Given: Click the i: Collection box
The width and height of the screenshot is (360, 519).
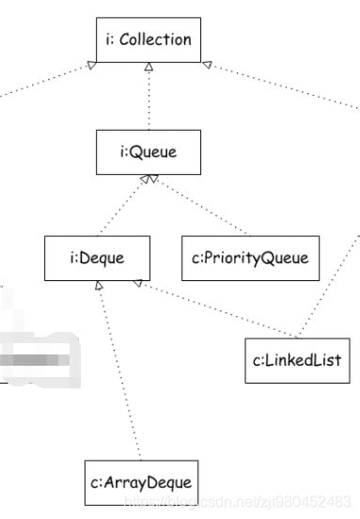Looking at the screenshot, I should (149, 39).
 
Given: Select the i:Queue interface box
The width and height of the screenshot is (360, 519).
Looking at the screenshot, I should (149, 151).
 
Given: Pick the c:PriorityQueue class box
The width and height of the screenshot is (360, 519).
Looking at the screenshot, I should (249, 256).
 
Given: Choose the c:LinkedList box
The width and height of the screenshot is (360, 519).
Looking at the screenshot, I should (296, 358).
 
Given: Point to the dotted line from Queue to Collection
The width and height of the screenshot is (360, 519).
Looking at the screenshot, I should (149, 99).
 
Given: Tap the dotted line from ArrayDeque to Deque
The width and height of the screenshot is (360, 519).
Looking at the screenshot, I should (119, 376).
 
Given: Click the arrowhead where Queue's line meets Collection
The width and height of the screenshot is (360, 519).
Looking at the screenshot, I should (149, 68).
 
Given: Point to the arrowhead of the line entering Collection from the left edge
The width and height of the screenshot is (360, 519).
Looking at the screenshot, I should (91, 63).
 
